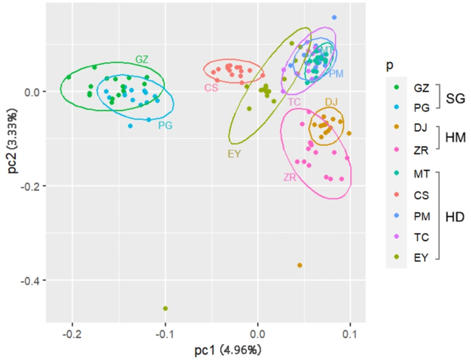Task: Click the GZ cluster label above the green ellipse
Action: point(142,60)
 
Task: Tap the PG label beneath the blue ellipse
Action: point(165,126)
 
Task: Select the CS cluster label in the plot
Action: point(211,88)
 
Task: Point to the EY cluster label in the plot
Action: point(235,154)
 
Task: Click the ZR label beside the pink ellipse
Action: point(290,177)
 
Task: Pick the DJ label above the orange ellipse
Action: point(331,102)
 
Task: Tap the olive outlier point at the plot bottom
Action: point(165,308)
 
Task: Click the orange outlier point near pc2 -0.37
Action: point(300,265)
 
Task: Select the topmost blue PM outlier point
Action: point(334,18)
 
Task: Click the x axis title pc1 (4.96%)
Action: point(228,351)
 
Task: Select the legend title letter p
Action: point(390,65)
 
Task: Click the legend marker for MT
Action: point(396,174)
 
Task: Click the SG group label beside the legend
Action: point(456,98)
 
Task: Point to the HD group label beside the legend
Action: point(456,216)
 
